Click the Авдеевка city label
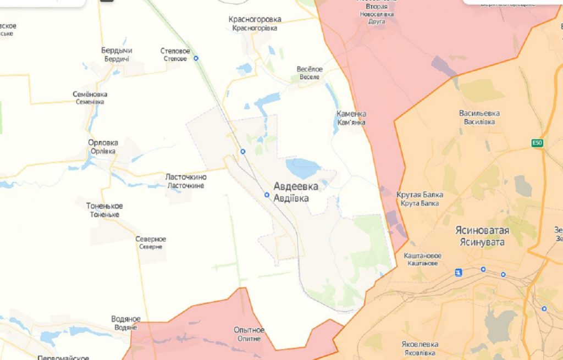click(x=296, y=187)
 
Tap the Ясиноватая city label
click(x=482, y=230)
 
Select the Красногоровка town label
click(x=255, y=20)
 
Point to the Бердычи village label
click(x=117, y=51)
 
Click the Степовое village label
click(x=175, y=51)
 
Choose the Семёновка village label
click(x=90, y=94)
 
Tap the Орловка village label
click(x=103, y=143)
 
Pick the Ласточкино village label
click(x=186, y=178)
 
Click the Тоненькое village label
click(x=104, y=206)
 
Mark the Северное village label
click(x=151, y=240)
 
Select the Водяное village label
click(x=126, y=319)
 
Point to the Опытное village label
click(x=249, y=330)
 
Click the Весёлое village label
click(x=310, y=69)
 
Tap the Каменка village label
click(x=351, y=114)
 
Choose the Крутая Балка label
click(x=420, y=195)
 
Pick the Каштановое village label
click(x=422, y=256)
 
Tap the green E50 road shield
click(x=537, y=143)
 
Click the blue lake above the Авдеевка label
click(x=303, y=167)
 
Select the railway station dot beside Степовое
click(x=196, y=58)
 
